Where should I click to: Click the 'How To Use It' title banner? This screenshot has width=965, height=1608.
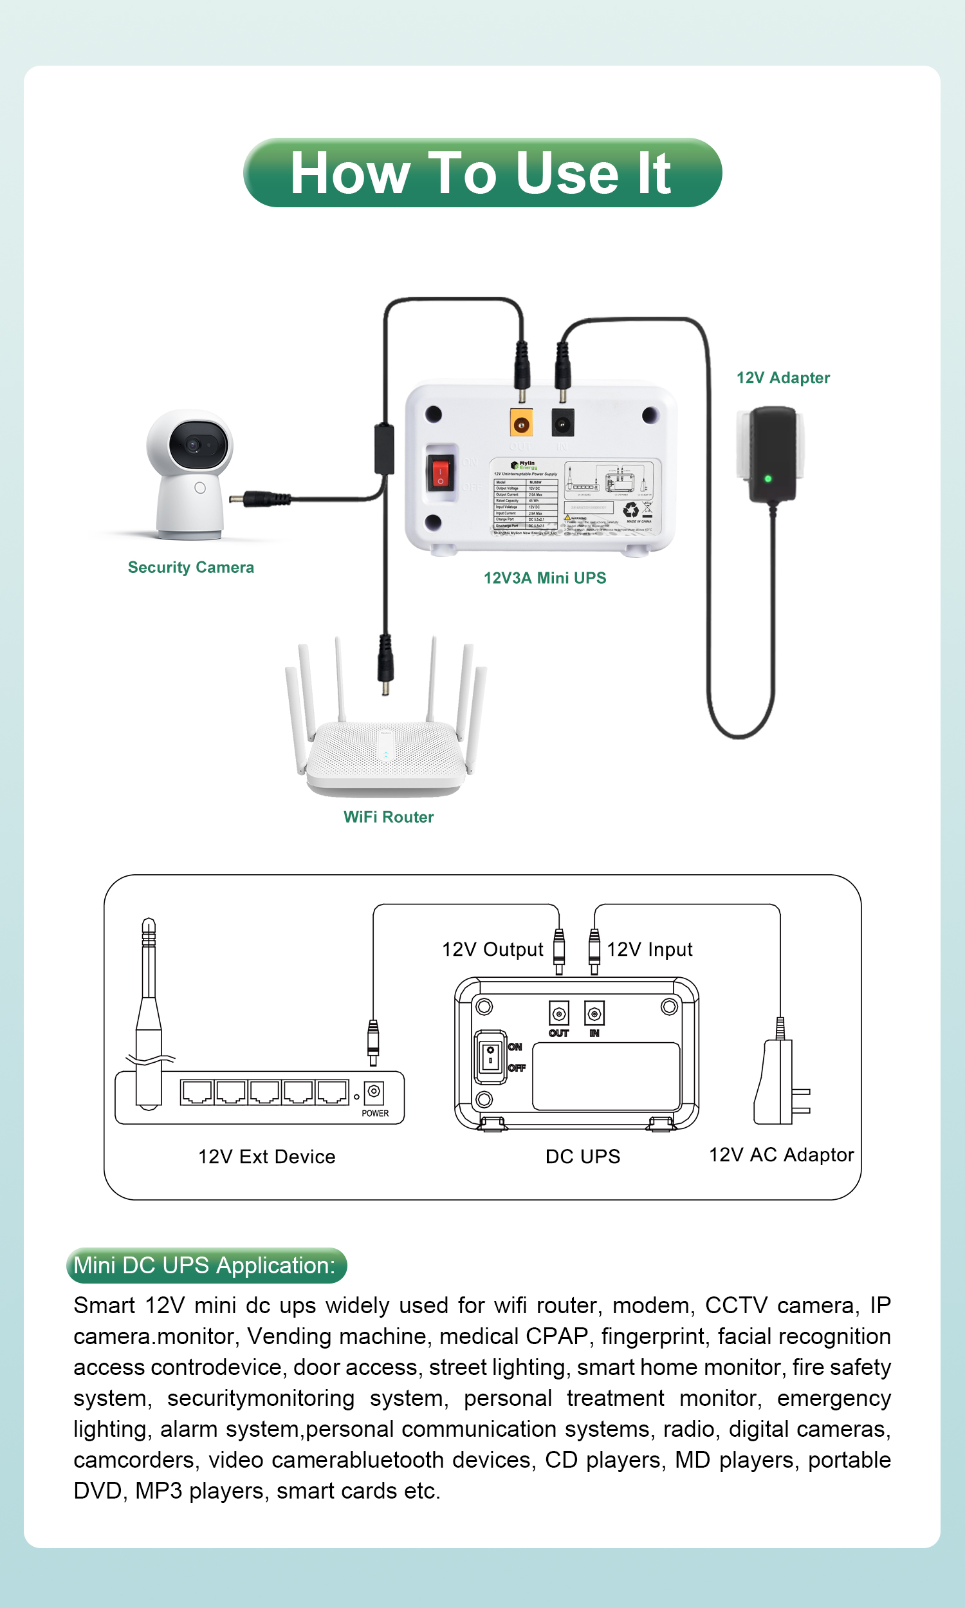coord(482,173)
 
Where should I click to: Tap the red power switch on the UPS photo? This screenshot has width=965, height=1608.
coord(440,473)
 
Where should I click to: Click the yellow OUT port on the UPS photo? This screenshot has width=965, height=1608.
coord(521,425)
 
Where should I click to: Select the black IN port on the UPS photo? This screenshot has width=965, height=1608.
coord(562,424)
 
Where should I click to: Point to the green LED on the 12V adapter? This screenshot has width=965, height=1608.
coord(768,479)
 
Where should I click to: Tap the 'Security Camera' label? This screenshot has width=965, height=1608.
coord(190,567)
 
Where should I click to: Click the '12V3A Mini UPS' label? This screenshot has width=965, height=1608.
coord(544,577)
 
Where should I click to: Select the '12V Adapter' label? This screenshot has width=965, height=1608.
coord(783,378)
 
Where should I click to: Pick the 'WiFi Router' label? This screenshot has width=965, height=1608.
coord(388,817)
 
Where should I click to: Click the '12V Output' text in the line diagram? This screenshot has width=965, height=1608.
coord(492,949)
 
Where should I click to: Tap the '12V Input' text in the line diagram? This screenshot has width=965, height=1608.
coord(650,949)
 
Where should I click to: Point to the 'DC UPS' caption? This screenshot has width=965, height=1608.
coord(583,1157)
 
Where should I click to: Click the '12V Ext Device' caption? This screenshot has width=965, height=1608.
coord(266,1157)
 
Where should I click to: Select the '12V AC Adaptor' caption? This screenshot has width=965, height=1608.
coord(781,1155)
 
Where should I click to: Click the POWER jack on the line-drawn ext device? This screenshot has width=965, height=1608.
coord(374,1092)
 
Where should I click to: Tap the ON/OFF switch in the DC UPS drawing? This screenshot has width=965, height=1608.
coord(490,1056)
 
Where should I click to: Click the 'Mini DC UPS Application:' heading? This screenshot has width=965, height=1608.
coord(205,1265)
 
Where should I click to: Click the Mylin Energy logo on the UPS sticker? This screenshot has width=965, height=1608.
coord(524,465)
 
